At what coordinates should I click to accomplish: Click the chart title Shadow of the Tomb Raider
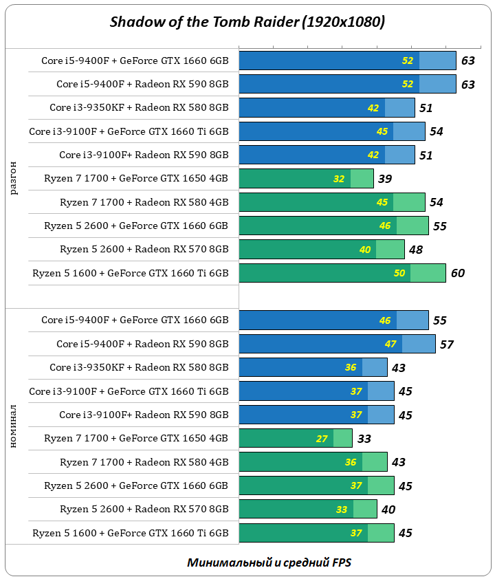247,22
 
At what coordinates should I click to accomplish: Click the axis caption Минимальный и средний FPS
269,562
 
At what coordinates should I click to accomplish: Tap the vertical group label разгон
14,179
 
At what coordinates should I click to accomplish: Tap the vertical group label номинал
14,426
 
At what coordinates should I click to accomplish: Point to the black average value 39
385,179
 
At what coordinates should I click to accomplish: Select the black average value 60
457,273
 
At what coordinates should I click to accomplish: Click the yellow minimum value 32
339,179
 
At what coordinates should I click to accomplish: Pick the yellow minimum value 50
399,273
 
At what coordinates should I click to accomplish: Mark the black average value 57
447,345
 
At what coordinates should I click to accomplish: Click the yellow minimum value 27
322,439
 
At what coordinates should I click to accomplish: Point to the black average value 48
415,250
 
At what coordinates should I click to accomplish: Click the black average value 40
388,510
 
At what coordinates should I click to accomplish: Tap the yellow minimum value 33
342,510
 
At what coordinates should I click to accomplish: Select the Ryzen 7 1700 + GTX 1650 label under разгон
135,179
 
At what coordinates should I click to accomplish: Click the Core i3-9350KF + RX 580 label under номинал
139,367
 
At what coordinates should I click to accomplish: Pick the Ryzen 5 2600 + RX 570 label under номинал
144,509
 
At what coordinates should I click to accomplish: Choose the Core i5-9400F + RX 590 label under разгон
142,84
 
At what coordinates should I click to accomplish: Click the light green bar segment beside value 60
428,273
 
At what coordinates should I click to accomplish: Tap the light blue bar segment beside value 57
419,344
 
